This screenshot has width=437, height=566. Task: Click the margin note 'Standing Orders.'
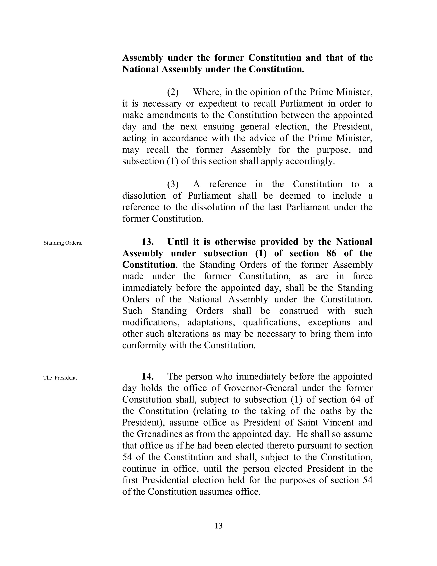(x=63, y=243)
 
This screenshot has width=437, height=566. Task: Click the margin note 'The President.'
(x=60, y=378)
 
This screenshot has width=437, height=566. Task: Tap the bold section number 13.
(x=148, y=242)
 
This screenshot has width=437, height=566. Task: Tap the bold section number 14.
(x=148, y=376)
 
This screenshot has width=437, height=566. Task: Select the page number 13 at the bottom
(x=218, y=526)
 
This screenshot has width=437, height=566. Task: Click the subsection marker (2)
(x=173, y=92)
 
